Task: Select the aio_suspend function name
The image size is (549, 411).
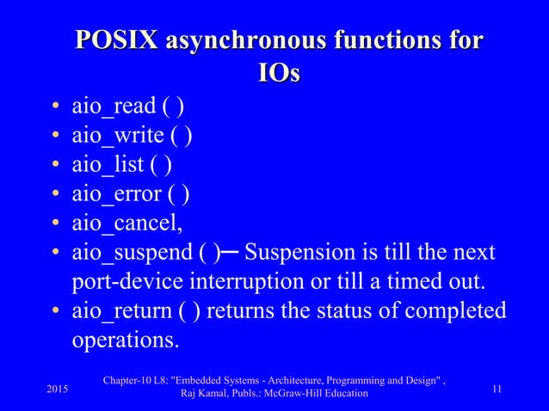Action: tap(128, 254)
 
